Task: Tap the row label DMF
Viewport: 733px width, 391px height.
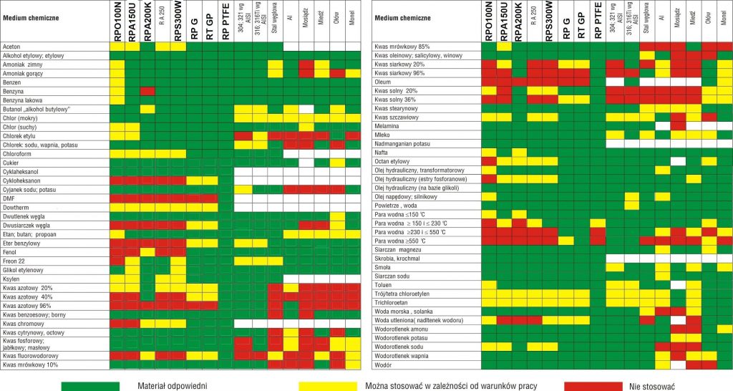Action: click(x=10, y=198)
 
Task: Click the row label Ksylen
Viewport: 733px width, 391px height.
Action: click(x=13, y=279)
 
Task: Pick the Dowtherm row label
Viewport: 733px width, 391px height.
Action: click(x=16, y=207)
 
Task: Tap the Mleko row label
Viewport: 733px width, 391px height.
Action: click(x=382, y=135)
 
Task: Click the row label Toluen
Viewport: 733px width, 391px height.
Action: click(x=384, y=284)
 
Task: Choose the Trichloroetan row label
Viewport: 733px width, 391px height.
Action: click(x=392, y=301)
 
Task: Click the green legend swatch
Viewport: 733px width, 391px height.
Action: click(x=89, y=385)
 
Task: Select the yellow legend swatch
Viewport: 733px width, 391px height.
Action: click(x=327, y=385)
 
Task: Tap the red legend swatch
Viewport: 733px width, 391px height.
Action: click(x=593, y=385)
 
